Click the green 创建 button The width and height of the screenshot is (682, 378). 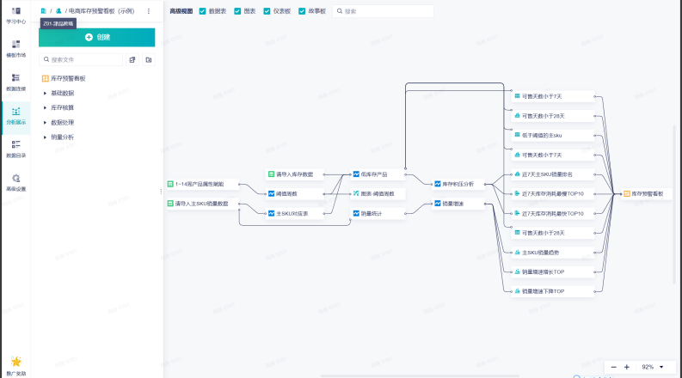[x=97, y=38]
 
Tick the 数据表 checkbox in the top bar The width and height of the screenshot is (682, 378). [x=202, y=11]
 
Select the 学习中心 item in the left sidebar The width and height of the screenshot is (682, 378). [x=16, y=15]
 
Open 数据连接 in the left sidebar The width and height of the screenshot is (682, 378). [x=16, y=82]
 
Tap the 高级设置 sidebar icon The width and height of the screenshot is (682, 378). [x=16, y=182]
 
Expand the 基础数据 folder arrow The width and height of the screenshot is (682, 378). [x=45, y=93]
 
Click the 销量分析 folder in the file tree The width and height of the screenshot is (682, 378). [x=62, y=137]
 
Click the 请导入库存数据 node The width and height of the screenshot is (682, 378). [x=293, y=174]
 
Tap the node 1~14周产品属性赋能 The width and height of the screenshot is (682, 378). [x=199, y=184]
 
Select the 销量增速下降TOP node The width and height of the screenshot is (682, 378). [x=543, y=291]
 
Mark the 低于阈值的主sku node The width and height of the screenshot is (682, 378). [x=543, y=135]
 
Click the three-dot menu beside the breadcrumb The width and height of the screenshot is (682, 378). [x=148, y=11]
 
